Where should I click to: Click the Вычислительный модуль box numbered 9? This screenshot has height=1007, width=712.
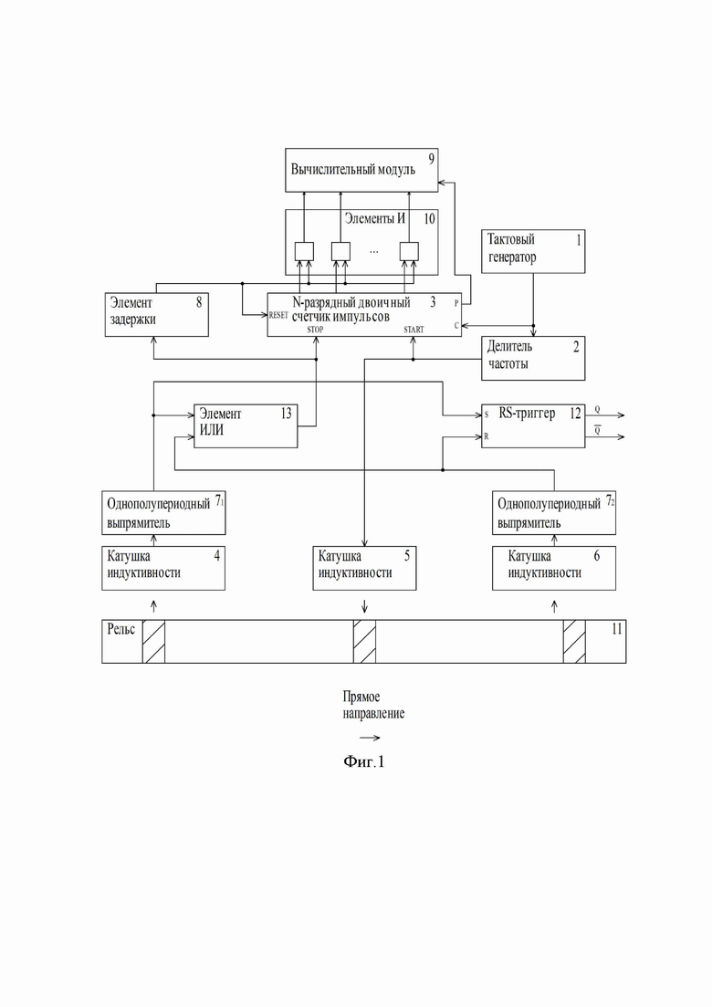coord(361,170)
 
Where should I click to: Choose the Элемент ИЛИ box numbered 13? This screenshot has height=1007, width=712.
coord(246,425)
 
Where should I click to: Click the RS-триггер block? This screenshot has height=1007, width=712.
coord(533,425)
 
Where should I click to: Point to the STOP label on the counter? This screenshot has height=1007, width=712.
coord(315,329)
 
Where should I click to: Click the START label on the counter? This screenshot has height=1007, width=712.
coord(414,329)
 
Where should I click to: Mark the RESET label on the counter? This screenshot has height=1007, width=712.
coord(278,315)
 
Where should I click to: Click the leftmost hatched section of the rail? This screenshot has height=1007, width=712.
coord(153,642)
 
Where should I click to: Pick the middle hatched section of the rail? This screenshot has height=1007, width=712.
coord(364,642)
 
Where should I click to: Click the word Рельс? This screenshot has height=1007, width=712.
coord(120,629)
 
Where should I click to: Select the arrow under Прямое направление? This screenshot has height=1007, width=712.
coord(369,737)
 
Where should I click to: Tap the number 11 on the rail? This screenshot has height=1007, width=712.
coord(616,629)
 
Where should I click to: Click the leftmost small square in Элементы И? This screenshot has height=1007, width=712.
coord(303,250)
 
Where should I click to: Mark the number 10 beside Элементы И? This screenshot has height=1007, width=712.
coord(429,219)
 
